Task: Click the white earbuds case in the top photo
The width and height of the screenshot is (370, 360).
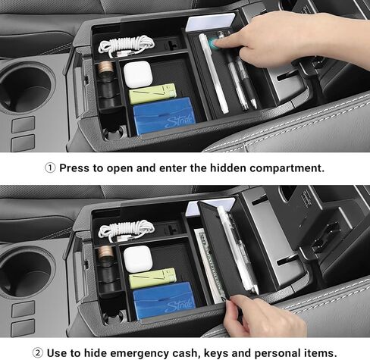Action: click(138, 74)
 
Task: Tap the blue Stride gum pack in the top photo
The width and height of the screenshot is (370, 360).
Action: click(165, 116)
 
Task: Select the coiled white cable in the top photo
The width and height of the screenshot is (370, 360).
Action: click(126, 46)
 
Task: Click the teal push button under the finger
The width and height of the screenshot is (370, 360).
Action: click(212, 43)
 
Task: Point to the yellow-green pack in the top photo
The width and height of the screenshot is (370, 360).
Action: click(152, 94)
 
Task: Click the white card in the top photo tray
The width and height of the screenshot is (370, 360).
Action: click(210, 22)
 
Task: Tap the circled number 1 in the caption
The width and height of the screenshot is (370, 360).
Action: click(50, 167)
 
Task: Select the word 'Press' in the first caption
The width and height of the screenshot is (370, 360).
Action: click(74, 168)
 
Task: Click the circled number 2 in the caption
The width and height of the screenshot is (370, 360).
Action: click(38, 352)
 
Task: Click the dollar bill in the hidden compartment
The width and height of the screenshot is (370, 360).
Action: click(210, 265)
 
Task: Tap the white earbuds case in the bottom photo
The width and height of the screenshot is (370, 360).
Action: click(138, 259)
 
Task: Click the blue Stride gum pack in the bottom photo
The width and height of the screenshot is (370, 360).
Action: click(165, 300)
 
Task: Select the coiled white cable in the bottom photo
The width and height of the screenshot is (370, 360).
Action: click(126, 230)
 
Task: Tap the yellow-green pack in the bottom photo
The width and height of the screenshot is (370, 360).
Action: click(152, 278)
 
